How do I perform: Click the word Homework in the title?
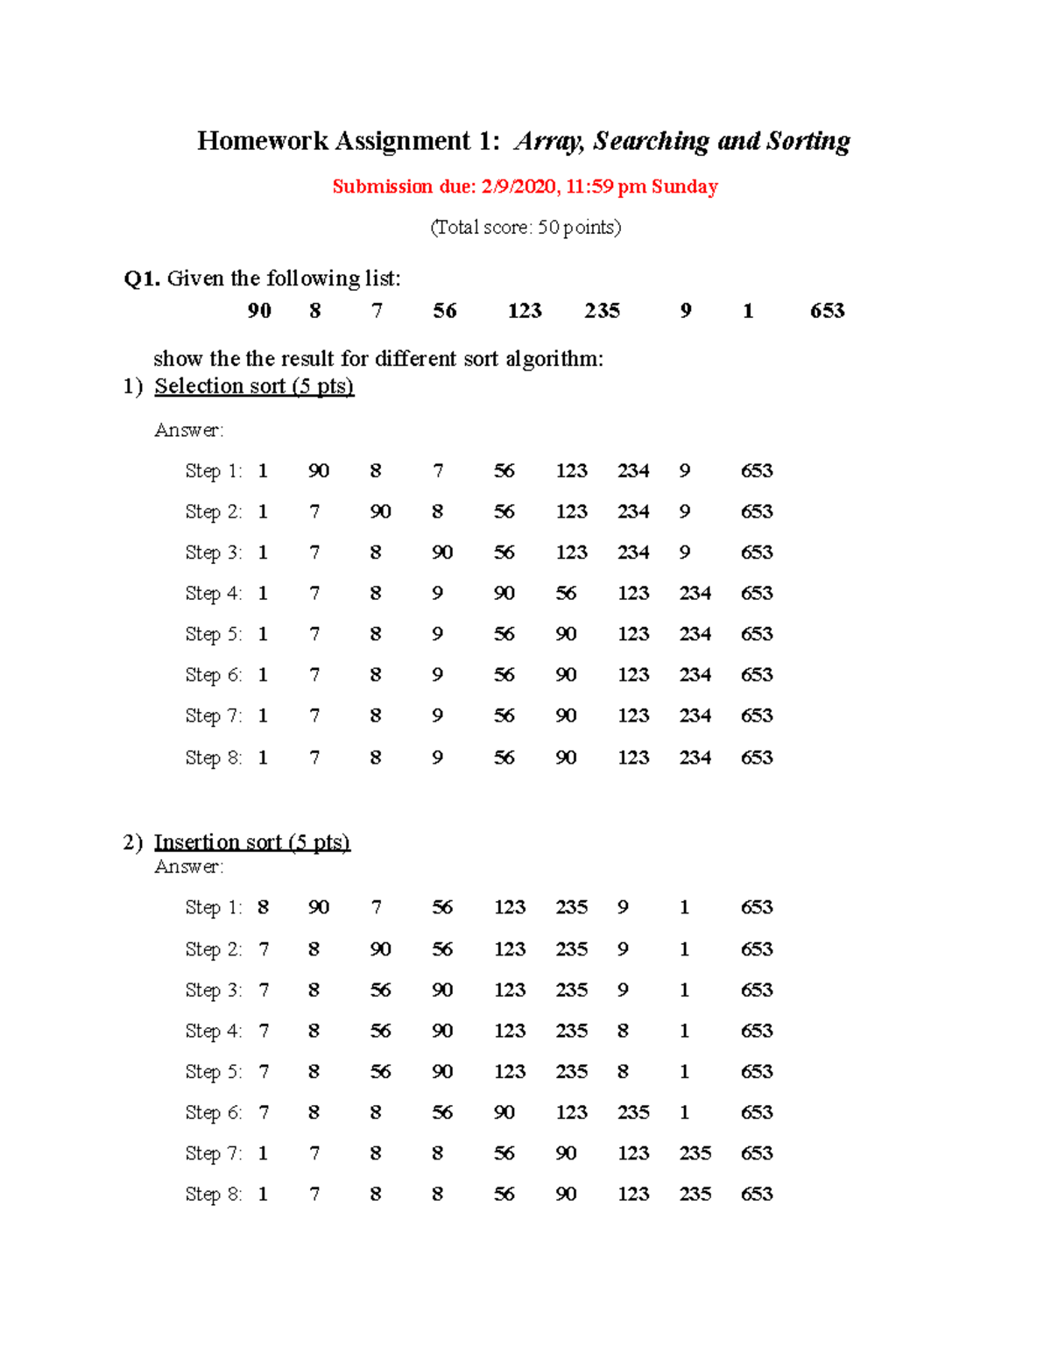click(262, 141)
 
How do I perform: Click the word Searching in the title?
click(651, 141)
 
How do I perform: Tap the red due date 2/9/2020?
click(518, 187)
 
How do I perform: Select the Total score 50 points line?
click(525, 228)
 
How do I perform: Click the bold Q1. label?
click(142, 278)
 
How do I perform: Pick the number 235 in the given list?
click(602, 311)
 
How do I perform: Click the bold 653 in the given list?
click(827, 311)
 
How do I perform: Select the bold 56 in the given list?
click(444, 311)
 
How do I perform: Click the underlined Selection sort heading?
click(254, 386)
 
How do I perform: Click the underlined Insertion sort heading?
click(252, 842)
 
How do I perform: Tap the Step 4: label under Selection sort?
click(213, 594)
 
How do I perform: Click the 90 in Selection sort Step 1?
click(318, 471)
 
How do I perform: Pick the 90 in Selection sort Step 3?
click(441, 553)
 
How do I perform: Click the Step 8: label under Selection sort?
click(213, 758)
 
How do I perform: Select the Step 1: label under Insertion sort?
click(213, 907)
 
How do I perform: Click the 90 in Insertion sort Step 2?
click(380, 949)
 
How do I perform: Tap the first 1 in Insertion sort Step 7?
click(263, 1153)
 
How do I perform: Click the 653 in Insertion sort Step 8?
click(756, 1194)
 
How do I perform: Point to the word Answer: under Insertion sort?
click(189, 867)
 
